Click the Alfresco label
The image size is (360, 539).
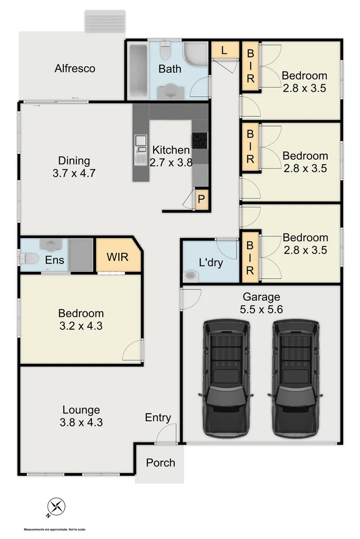coord(75,68)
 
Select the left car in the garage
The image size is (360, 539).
coord(226,378)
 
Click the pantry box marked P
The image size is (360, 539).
coord(201,199)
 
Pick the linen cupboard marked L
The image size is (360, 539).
coord(223,49)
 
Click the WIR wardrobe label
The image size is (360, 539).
coord(118,258)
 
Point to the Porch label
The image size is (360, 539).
coord(160,463)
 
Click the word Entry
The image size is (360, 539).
coord(158,418)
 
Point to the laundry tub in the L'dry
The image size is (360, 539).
coord(190,275)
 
